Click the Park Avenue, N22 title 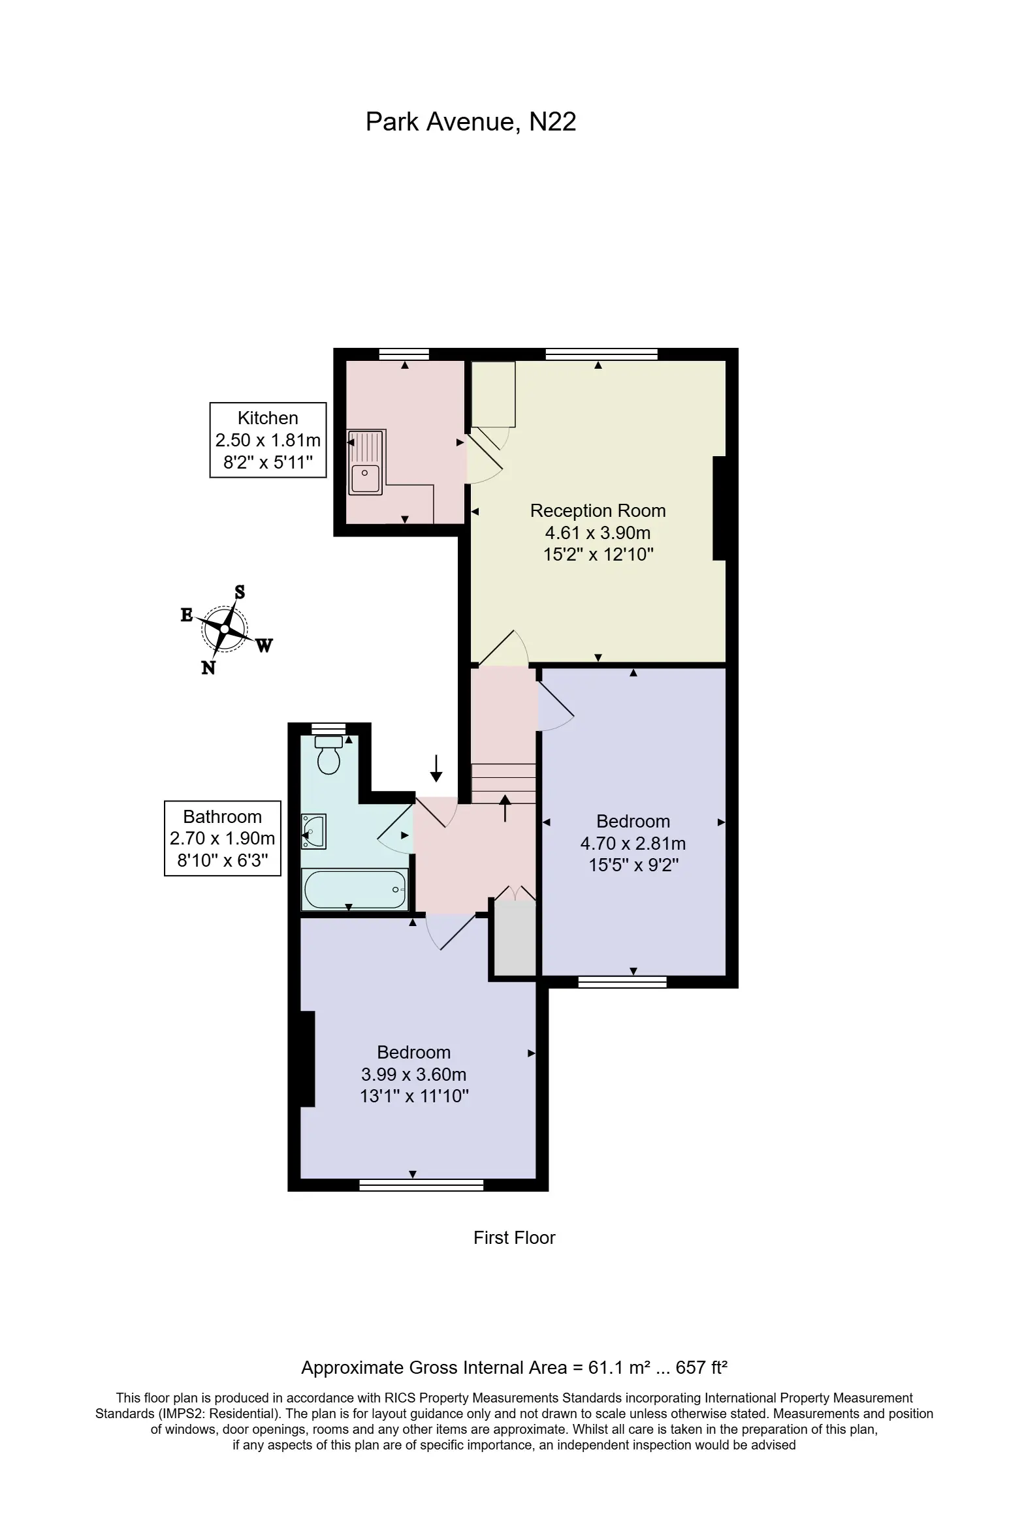[471, 122]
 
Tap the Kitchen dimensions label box [268, 440]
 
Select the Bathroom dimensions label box [222, 839]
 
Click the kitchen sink [366, 462]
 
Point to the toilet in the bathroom [328, 755]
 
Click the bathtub [355, 890]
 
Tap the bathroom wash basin [313, 832]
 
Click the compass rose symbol [225, 629]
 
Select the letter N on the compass [208, 668]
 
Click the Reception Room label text [598, 510]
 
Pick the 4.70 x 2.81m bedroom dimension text [633, 843]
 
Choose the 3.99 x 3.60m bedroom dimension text [414, 1074]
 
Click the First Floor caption [515, 1238]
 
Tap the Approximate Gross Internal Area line [515, 1368]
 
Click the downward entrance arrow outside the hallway [436, 768]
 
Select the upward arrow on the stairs [505, 808]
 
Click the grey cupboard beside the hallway [515, 939]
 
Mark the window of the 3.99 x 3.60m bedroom [422, 1185]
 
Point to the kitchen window [404, 354]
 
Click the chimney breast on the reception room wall [719, 508]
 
